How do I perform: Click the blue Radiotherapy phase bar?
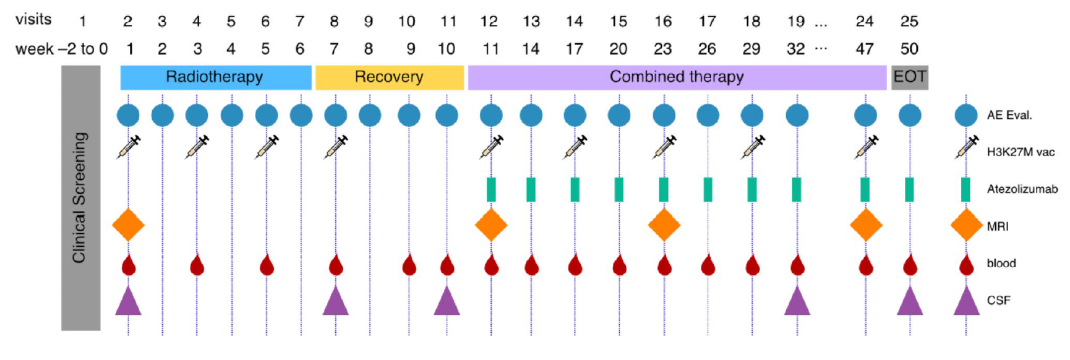pyautogui.click(x=215, y=77)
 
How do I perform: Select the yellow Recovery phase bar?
pyautogui.click(x=389, y=77)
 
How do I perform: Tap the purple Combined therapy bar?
pyautogui.click(x=677, y=77)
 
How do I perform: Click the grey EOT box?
pyautogui.click(x=909, y=77)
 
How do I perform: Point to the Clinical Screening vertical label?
pyautogui.click(x=80, y=198)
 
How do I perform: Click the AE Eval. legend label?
pyautogui.click(x=1009, y=115)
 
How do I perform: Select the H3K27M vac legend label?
pyautogui.click(x=1021, y=152)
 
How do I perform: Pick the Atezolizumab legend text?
pyautogui.click(x=1022, y=189)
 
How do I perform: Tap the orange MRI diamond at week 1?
pyautogui.click(x=129, y=225)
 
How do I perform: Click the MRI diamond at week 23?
pyautogui.click(x=664, y=225)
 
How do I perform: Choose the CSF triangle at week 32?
pyautogui.click(x=797, y=301)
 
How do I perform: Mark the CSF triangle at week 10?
pyautogui.click(x=447, y=301)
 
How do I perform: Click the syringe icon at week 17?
pyautogui.click(x=575, y=147)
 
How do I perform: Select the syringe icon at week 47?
pyautogui.click(x=866, y=147)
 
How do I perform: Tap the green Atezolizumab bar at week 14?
pyautogui.click(x=531, y=189)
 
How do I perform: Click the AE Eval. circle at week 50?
pyautogui.click(x=910, y=115)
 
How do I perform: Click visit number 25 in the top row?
pyautogui.click(x=909, y=22)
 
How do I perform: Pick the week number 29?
pyautogui.click(x=751, y=49)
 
